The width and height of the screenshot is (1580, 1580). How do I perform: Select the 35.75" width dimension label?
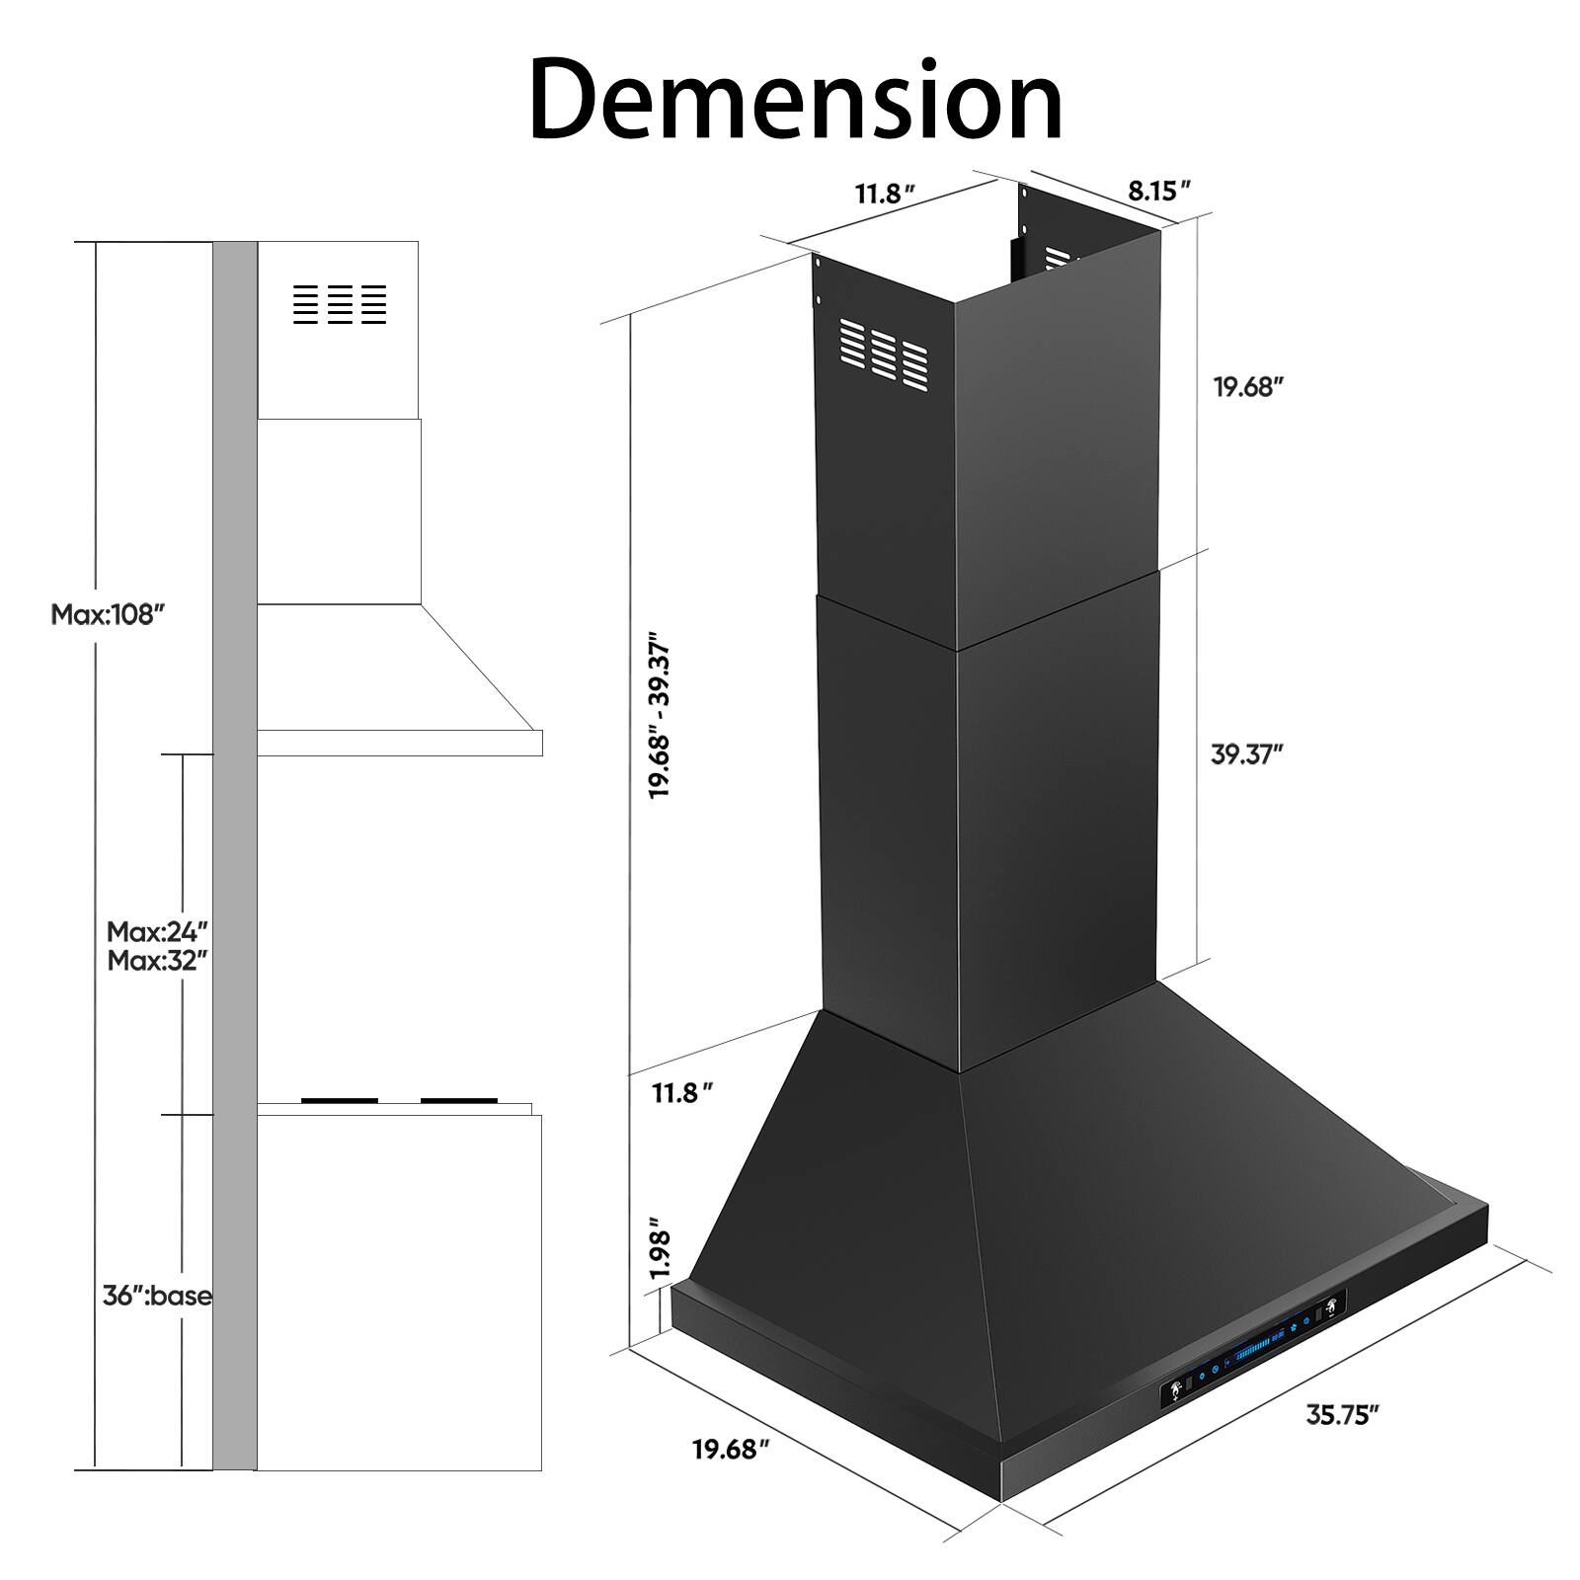coord(1342,1415)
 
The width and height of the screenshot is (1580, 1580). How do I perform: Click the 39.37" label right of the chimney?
coord(1246,754)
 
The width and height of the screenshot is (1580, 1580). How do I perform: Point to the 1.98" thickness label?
coord(660,1254)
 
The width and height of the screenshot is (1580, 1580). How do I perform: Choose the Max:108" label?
coord(106,615)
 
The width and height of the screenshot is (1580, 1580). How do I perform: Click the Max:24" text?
coord(158,931)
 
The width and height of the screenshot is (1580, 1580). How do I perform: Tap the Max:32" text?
coord(158,960)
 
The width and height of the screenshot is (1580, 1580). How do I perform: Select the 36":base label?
coord(157,1296)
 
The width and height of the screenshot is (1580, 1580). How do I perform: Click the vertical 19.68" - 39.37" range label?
coord(660,715)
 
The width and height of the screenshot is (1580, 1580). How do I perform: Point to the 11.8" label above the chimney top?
coord(879,194)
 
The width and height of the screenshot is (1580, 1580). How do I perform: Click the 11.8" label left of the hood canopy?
coord(681,1093)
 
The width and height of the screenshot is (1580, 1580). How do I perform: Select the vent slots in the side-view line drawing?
coord(340,304)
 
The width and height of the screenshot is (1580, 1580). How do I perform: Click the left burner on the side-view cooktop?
coord(339,1100)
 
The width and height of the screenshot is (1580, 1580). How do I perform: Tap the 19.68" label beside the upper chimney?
coord(1247,387)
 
